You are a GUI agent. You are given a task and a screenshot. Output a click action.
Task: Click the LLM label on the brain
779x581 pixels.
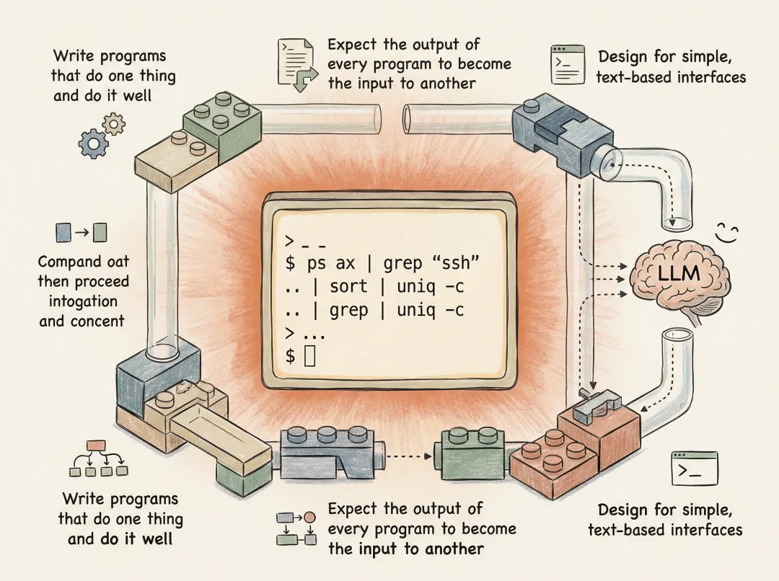677,274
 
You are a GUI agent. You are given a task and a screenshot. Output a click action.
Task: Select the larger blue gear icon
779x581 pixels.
93,143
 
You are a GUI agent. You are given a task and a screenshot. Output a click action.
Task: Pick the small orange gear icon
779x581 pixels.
113,124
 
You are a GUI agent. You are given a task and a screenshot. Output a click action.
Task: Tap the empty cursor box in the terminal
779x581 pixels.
310,355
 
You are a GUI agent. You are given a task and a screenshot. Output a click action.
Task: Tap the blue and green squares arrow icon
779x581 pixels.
81,232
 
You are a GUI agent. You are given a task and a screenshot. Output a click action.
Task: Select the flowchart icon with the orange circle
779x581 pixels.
296,528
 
